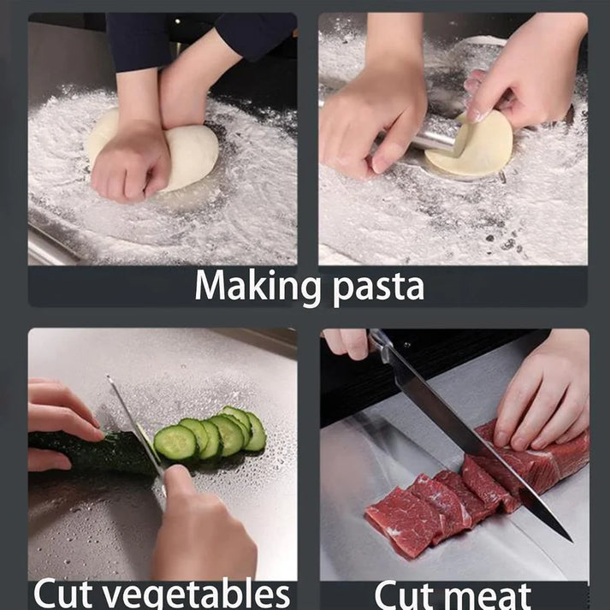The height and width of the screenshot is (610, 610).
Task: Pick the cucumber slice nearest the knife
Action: coord(175,443)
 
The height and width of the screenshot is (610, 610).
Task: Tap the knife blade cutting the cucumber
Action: coord(137,428)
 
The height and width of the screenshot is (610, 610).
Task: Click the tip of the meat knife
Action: coord(568,537)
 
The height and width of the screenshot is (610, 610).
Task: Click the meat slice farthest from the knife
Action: coord(398,522)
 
